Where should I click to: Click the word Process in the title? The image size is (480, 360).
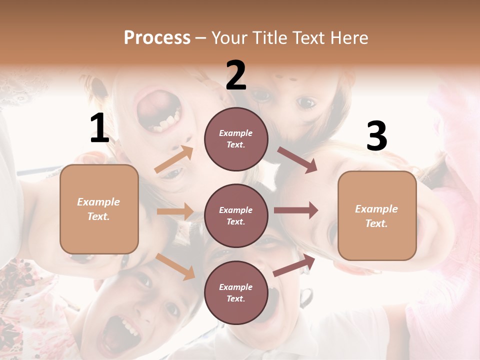(x=157, y=37)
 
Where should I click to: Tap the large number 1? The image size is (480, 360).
(x=99, y=128)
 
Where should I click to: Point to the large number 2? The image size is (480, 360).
(x=236, y=75)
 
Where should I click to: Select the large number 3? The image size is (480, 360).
(x=376, y=136)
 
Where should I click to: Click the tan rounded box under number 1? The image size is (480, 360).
(x=99, y=209)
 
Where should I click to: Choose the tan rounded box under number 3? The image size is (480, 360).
(x=377, y=216)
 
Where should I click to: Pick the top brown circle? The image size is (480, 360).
(x=236, y=139)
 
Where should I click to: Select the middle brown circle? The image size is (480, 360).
(x=236, y=215)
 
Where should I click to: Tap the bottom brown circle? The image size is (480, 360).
(x=236, y=292)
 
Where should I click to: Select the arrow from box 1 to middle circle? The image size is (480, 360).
(x=175, y=211)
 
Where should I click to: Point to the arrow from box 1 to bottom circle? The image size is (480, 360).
(x=175, y=266)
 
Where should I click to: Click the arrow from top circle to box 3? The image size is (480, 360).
(x=297, y=160)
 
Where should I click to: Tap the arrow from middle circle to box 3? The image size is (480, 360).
(x=296, y=210)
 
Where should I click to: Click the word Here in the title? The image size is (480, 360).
(x=350, y=37)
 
